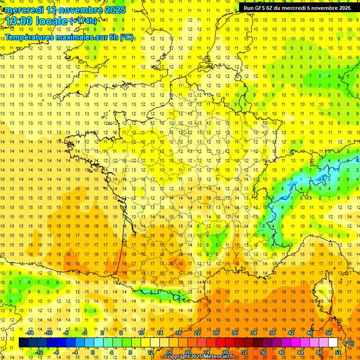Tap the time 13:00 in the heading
tap(19, 22)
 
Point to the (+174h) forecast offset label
tap(84, 21)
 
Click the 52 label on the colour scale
tap(337, 352)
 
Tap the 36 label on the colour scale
tap(263, 352)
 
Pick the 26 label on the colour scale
tap(216, 333)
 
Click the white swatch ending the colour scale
tap(333, 343)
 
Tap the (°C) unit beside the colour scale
tap(349, 343)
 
